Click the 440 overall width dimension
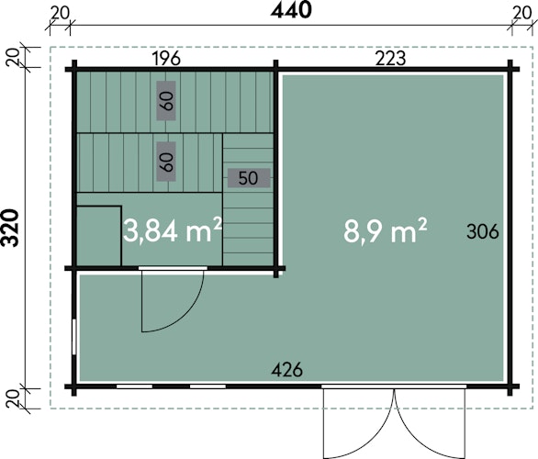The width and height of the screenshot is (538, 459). click(291, 10)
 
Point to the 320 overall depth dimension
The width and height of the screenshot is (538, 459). click(9, 228)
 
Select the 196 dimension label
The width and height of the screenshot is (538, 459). click(166, 59)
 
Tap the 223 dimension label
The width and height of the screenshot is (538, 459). click(390, 58)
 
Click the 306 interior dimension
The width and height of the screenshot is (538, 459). click(482, 232)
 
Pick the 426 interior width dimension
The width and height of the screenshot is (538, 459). click(286, 370)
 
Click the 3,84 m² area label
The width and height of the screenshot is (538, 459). click(172, 230)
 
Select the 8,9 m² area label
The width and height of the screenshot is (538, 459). click(385, 230)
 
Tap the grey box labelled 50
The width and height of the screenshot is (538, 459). click(249, 178)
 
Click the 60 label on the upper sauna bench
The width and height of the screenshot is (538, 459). click(166, 101)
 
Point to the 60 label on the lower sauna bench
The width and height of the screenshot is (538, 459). click(166, 162)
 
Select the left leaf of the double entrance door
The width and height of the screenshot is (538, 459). click(359, 425)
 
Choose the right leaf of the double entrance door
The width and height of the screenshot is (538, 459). click(430, 425)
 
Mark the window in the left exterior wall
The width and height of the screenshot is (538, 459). click(74, 337)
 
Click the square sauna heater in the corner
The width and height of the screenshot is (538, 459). click(99, 236)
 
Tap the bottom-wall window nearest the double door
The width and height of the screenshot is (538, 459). click(207, 386)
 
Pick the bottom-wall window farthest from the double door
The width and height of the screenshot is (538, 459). click(134, 386)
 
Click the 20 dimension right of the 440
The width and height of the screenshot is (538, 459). click(522, 14)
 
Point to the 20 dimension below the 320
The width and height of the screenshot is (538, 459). click(13, 399)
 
